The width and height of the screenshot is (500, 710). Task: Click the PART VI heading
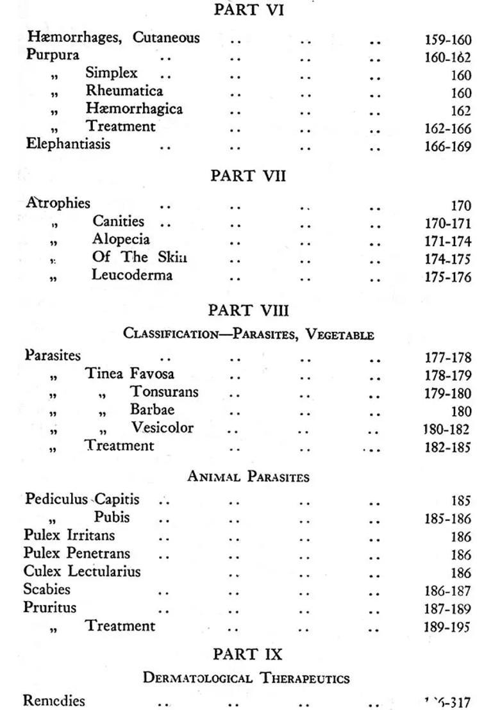249,10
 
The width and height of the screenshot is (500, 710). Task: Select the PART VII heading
248,176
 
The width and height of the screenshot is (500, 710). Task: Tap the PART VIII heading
249,311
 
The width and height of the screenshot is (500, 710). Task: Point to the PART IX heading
247,654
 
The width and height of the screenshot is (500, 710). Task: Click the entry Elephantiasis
68,144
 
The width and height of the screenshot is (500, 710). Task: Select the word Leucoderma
132,276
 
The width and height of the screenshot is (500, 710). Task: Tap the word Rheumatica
124,91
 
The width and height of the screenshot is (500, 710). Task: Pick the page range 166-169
447,147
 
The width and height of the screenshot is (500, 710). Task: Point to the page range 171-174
447,242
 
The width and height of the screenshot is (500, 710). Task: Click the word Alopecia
121,240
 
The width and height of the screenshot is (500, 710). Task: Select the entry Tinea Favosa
130,373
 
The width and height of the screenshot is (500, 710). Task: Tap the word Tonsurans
165,391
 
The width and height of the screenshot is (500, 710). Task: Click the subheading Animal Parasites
248,477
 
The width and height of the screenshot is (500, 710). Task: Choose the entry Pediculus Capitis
82,499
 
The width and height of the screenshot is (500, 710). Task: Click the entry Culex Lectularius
82,571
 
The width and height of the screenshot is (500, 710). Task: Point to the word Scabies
47,589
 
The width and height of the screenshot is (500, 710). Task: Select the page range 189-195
447,627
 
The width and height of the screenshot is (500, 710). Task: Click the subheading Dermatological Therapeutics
246,678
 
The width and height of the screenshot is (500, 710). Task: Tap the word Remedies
54,701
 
